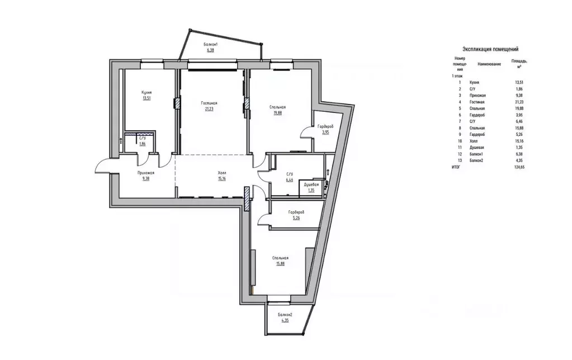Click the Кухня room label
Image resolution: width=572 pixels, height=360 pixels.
(147, 93)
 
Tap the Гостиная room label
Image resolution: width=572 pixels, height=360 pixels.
(209, 103)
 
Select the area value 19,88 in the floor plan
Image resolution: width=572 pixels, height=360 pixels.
(278, 113)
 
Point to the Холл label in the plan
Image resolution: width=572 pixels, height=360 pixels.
(222, 174)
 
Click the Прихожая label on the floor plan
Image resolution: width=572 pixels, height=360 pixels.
(146, 173)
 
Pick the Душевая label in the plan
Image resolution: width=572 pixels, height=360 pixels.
(311, 184)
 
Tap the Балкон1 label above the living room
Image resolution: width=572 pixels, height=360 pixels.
(210, 44)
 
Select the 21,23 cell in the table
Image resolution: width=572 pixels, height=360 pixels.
(521, 103)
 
